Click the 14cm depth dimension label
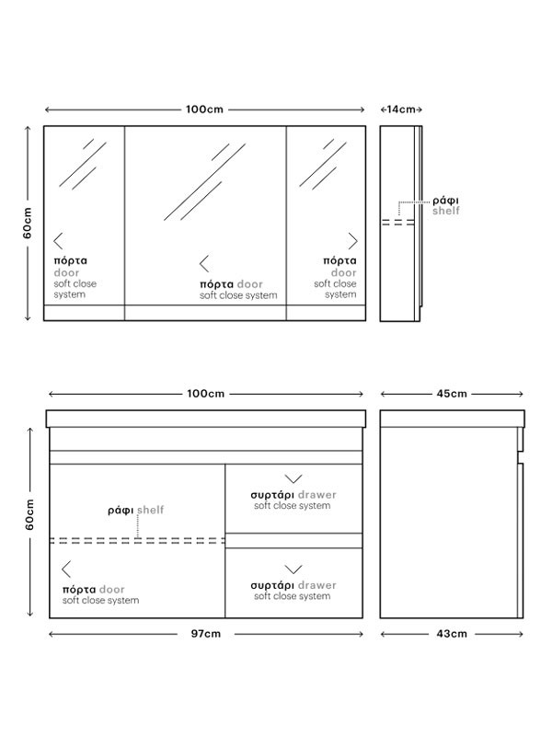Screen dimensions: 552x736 click(x=401, y=109)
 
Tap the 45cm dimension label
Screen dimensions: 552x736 click(x=452, y=394)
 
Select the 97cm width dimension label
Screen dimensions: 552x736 click(x=205, y=634)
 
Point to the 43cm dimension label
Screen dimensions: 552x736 click(x=452, y=634)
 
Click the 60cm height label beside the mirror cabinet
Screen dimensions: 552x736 click(x=28, y=223)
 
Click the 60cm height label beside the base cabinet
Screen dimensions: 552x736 click(x=29, y=514)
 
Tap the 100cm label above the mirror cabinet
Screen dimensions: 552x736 click(x=204, y=109)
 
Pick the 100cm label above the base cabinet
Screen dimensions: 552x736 click(x=205, y=394)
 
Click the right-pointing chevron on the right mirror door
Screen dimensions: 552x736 click(x=353, y=241)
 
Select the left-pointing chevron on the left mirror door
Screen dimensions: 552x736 click(x=58, y=241)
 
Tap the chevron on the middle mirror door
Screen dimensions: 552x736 click(x=203, y=264)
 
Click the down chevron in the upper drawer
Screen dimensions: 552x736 click(x=293, y=478)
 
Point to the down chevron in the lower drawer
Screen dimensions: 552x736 click(x=293, y=569)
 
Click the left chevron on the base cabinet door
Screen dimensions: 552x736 click(x=66, y=569)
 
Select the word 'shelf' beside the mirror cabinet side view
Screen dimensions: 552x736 click(x=446, y=211)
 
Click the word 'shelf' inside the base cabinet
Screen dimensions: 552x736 click(x=151, y=510)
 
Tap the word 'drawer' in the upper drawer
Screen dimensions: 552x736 click(x=317, y=495)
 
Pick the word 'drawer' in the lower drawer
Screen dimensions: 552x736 click(x=317, y=585)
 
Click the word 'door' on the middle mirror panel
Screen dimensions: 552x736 click(x=249, y=284)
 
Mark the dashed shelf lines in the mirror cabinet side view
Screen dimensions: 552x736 click(x=398, y=222)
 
